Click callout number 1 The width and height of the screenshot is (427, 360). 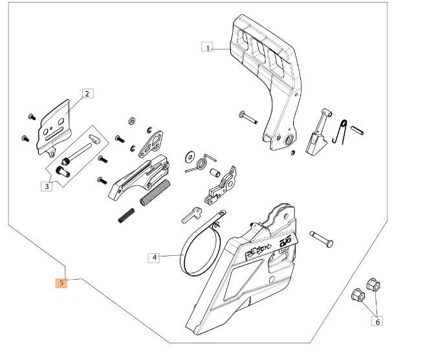click(207, 47)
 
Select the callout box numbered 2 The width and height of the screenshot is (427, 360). click(88, 93)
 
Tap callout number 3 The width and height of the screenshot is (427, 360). click(46, 187)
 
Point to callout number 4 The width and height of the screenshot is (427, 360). click(154, 258)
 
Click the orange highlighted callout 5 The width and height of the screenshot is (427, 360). click(61, 282)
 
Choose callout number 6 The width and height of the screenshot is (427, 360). click(377, 321)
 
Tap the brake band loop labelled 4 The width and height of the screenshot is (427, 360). click(194, 249)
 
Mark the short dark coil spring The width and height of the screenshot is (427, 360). click(126, 214)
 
